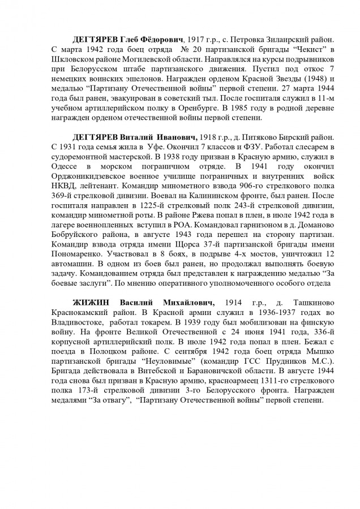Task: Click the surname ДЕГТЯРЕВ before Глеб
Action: [97, 41]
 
